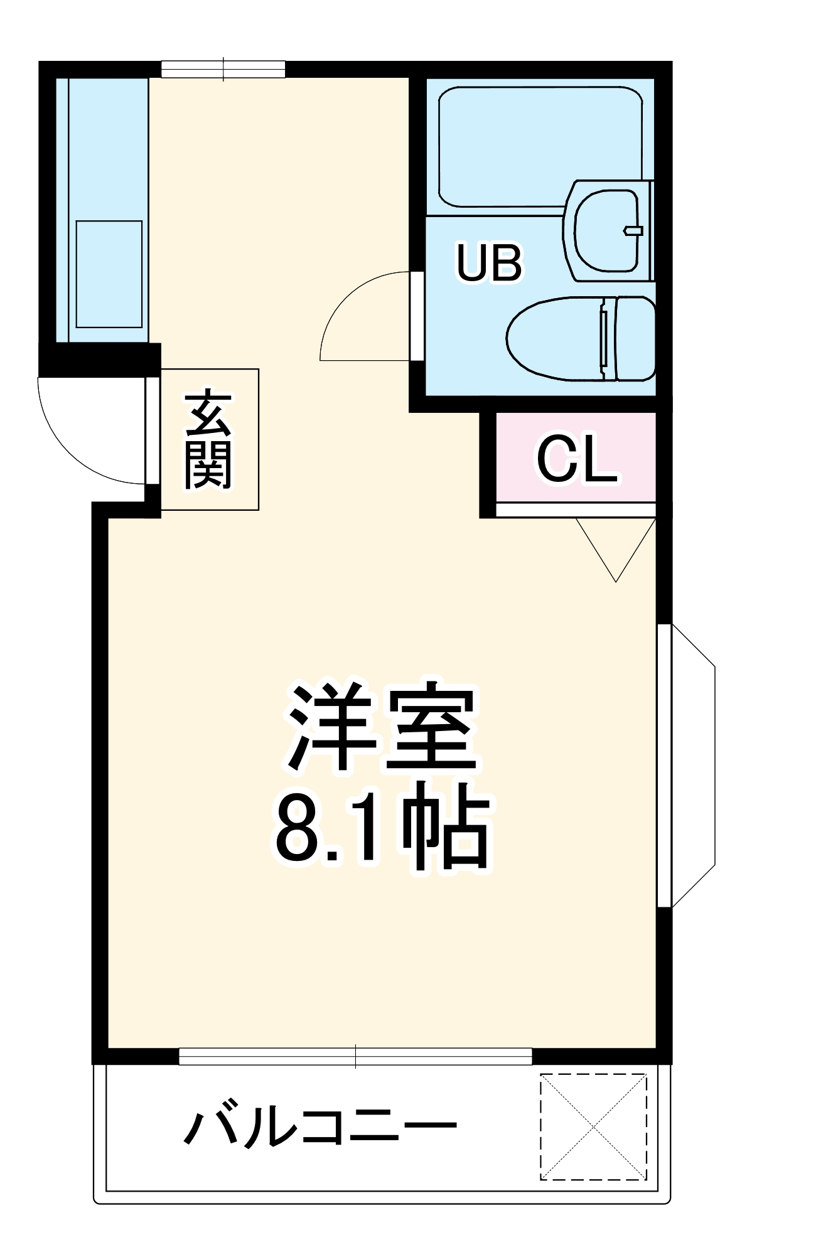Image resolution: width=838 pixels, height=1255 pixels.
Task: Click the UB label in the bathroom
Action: tap(489, 264)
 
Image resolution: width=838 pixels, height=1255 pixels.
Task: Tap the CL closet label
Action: tap(576, 461)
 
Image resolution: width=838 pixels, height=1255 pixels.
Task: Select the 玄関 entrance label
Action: tap(208, 440)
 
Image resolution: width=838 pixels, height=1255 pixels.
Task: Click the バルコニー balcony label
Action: tap(320, 1128)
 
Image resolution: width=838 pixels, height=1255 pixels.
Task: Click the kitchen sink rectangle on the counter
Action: tap(109, 274)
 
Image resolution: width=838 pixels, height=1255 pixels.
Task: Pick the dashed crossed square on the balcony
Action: tap(593, 1127)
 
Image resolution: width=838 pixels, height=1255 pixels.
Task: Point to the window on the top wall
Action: tap(223, 69)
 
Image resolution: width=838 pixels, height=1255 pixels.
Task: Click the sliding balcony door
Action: tap(355, 1056)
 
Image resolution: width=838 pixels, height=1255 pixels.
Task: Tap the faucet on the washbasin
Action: tap(633, 231)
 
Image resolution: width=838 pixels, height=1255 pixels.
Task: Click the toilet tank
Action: tap(634, 339)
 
